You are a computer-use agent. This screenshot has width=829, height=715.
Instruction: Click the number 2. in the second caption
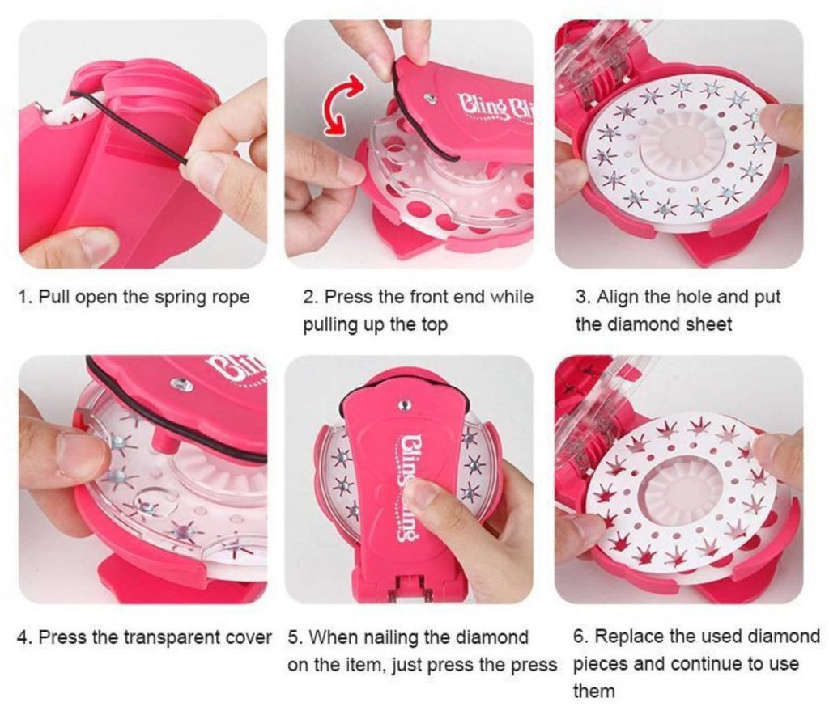coord(310,297)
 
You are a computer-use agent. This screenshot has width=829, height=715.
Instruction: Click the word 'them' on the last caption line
coord(594,692)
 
